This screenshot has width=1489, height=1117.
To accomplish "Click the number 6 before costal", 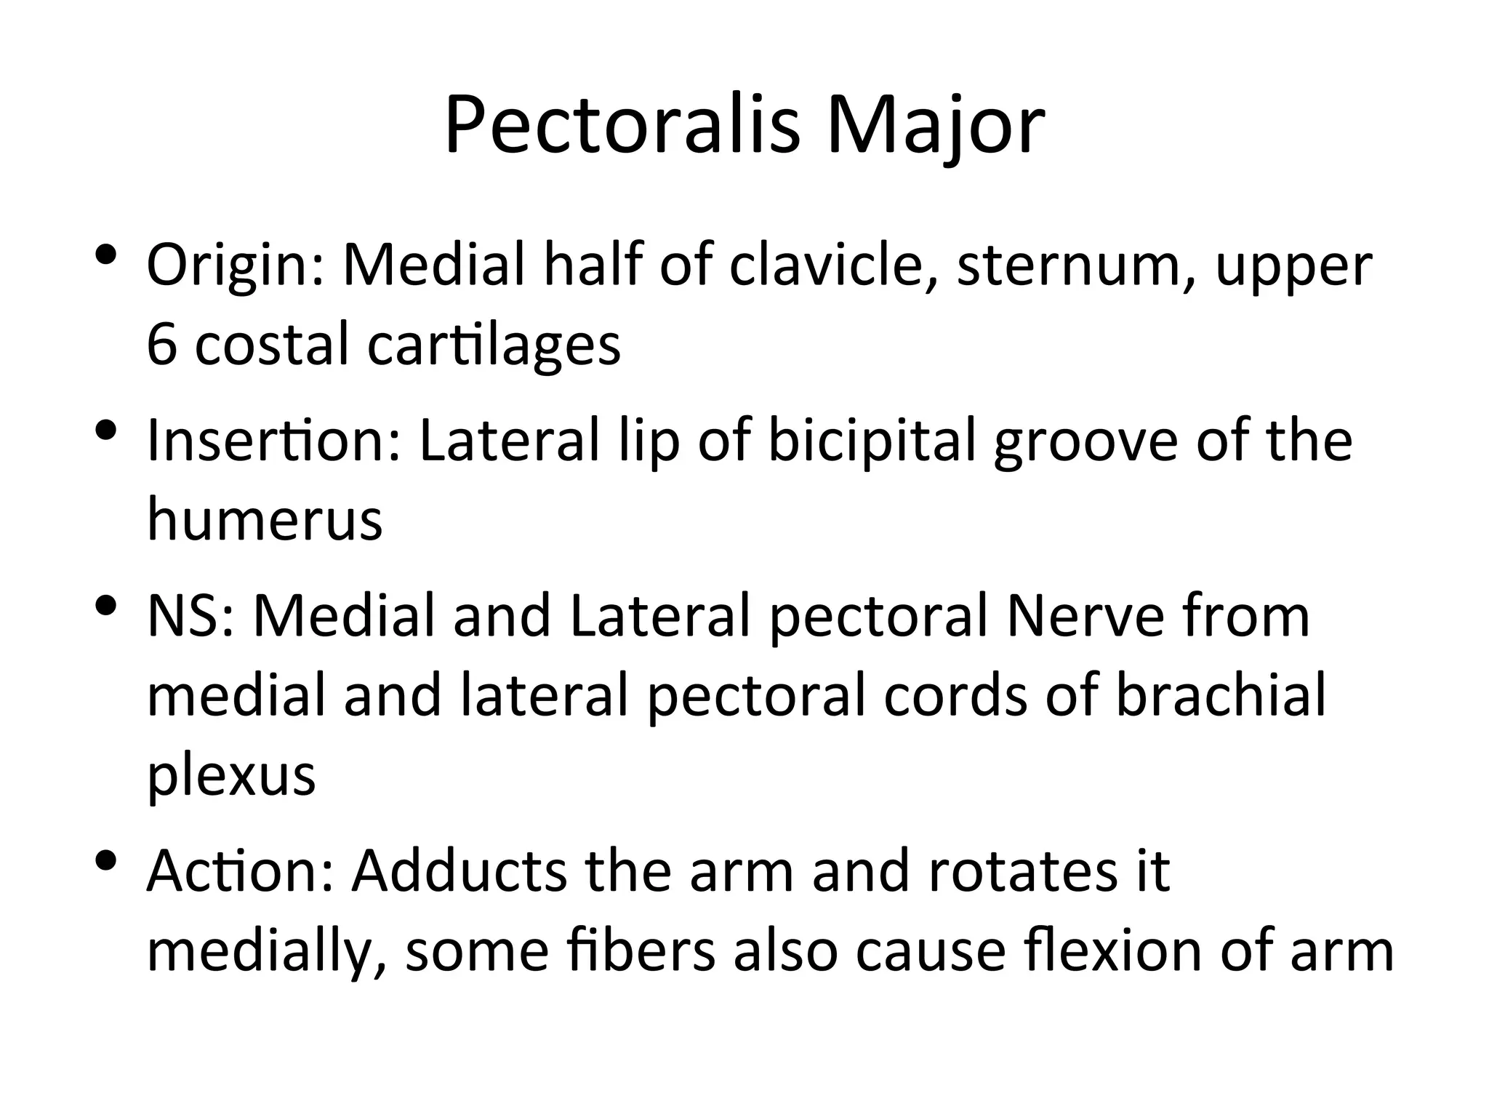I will (161, 345).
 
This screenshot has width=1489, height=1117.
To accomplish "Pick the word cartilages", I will (494, 346).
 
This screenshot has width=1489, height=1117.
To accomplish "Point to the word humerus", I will (265, 519).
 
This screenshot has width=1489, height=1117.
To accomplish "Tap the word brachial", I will (1221, 695).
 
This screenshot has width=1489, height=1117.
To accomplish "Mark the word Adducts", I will (458, 871).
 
